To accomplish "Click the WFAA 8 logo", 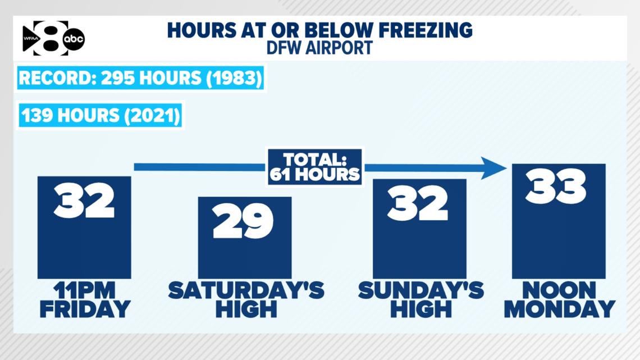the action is tap(53, 38).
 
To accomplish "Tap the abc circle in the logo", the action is tap(74, 39).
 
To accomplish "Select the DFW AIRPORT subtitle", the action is tap(319, 48).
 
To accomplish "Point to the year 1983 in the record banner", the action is tap(234, 78).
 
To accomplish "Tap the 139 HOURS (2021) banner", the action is tap(100, 116).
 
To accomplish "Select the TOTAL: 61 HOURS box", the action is tap(315, 167).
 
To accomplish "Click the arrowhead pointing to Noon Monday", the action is tap(493, 168).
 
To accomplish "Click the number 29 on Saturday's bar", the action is tap(243, 221).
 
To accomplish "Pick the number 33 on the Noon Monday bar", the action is tap(556, 186).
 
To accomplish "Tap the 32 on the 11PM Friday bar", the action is tap(84, 200).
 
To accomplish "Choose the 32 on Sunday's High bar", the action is tap(418, 203).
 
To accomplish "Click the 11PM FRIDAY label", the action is tap(85, 300).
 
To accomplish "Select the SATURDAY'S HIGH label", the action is tap(246, 300).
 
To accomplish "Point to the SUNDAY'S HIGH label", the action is tap(421, 300).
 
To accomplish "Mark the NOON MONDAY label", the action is tap(560, 300).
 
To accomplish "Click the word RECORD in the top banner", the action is tap(57, 78).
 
